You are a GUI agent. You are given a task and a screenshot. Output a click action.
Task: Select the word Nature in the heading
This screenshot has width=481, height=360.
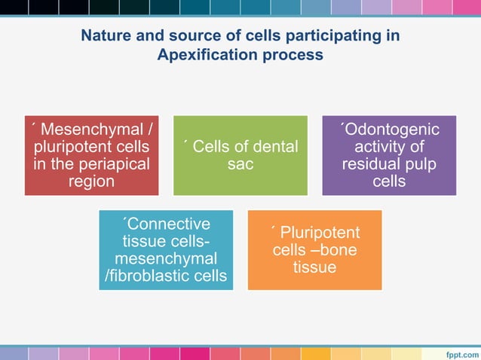(x=106, y=35)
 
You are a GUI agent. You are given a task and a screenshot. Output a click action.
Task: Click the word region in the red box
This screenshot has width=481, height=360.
(x=90, y=181)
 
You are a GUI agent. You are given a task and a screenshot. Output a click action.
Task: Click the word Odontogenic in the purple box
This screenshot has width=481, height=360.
(x=391, y=130)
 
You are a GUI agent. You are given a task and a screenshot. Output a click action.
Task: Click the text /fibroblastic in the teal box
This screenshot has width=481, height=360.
(x=146, y=276)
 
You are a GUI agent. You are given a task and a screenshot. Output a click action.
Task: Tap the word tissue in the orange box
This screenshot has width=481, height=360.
(x=315, y=267)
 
